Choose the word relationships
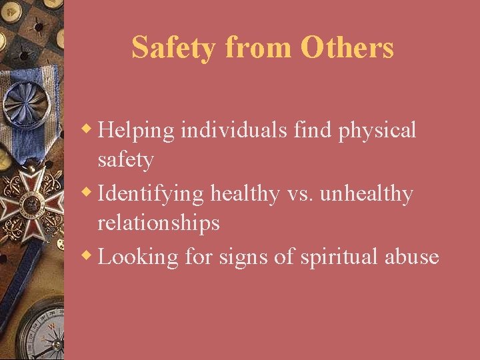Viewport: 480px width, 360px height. click(x=158, y=223)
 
